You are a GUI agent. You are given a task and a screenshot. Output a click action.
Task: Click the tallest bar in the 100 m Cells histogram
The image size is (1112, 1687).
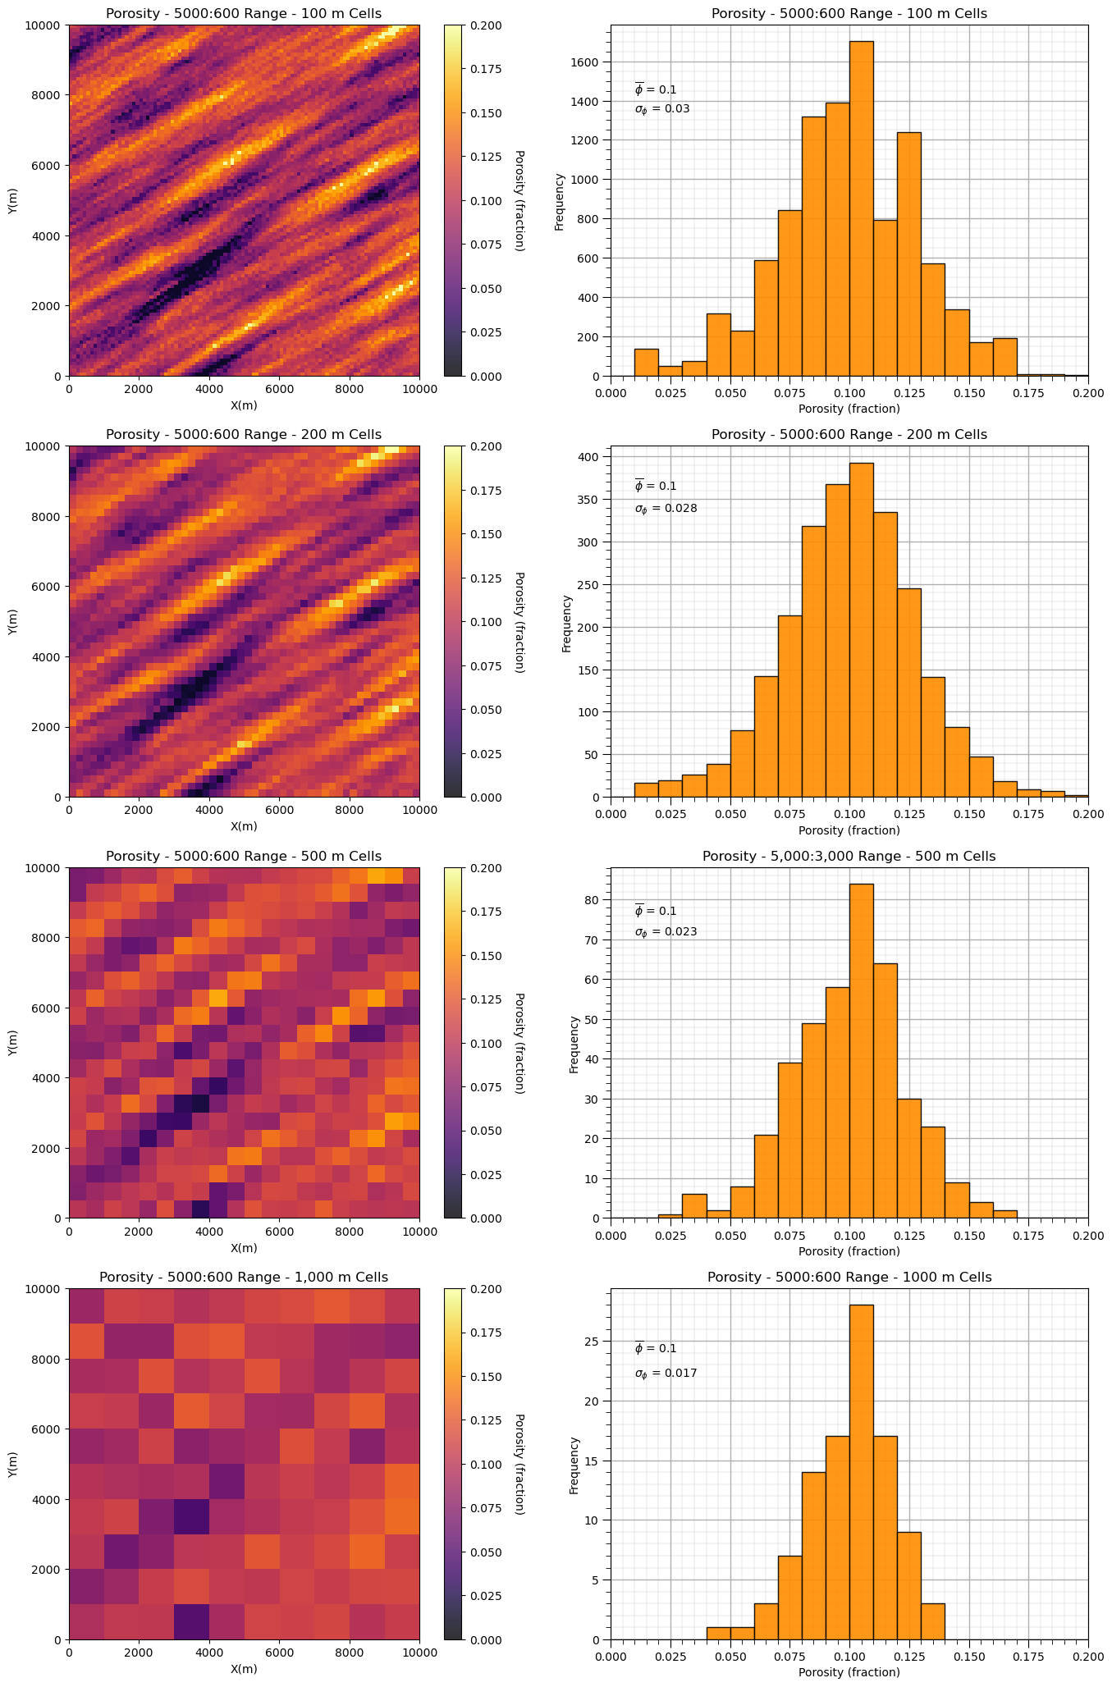point(861,208)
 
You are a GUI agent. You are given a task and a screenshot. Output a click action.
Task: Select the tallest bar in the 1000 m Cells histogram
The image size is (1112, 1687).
point(861,1472)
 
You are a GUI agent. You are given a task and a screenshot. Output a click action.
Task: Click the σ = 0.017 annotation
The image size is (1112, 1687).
point(666,1374)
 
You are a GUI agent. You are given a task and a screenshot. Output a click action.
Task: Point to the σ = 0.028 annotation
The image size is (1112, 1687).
point(666,509)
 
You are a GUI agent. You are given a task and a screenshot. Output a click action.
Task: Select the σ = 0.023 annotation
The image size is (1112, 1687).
point(666,932)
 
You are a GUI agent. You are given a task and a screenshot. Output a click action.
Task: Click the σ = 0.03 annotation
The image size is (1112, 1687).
point(662,109)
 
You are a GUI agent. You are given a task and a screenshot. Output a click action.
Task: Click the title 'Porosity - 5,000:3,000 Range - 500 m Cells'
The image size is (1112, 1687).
point(849,856)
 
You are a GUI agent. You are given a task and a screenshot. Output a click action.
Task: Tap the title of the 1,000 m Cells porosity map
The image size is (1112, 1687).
point(244,1278)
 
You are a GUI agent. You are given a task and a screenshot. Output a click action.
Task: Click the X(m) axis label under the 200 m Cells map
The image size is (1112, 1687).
point(244,826)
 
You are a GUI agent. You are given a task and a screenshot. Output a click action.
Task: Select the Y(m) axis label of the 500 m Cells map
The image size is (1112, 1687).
point(12,1043)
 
